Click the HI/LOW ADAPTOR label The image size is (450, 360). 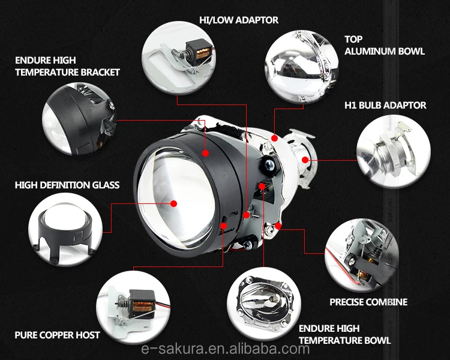[x=239, y=20]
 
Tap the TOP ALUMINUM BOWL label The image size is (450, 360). [x=384, y=45]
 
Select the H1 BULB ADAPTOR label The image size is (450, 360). [x=385, y=105]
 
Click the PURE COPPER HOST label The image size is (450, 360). [x=58, y=334]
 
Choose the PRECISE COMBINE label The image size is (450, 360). [x=368, y=302]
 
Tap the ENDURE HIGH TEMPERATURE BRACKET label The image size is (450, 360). [x=68, y=67]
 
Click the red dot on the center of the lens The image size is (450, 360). [x=173, y=203]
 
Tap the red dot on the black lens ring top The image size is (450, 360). [x=205, y=152]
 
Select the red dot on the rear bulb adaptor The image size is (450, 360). [x=305, y=159]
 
